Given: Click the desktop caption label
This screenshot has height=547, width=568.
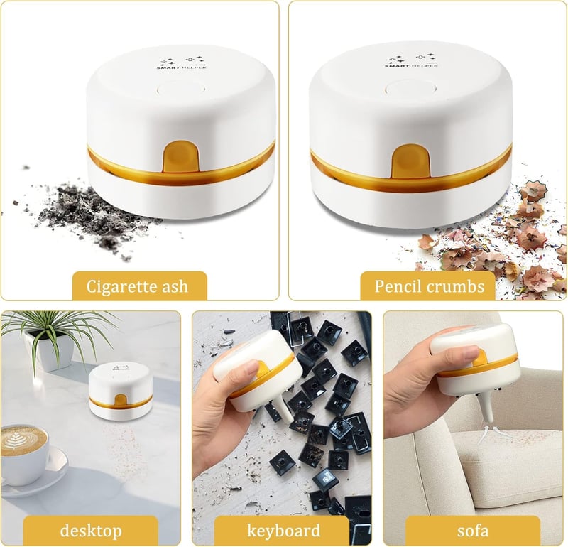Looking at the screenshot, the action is click(91, 531).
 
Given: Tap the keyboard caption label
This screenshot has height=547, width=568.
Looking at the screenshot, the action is click(283, 531).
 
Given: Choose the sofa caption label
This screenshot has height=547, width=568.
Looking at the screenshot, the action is click(473, 531).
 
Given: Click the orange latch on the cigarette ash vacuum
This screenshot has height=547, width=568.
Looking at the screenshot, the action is click(181, 156).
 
